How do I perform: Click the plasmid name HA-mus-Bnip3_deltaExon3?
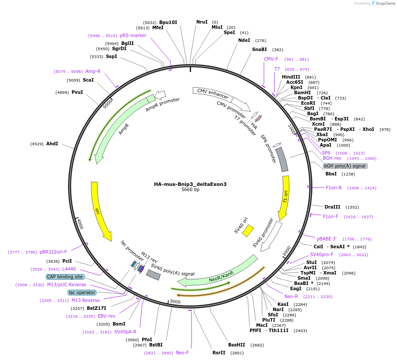(x=190, y=184)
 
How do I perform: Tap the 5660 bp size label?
(x=190, y=190)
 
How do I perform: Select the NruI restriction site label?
(x=202, y=22)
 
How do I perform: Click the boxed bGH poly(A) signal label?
(x=345, y=166)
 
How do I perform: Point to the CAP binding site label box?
(x=65, y=277)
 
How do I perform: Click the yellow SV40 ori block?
(x=248, y=230)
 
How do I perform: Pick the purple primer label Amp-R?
(x=93, y=71)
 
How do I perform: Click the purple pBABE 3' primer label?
(x=327, y=239)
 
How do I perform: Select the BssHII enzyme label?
(x=237, y=345)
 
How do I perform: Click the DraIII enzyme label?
(x=332, y=207)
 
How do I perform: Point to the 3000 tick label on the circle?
(x=175, y=302)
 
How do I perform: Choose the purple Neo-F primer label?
(x=182, y=353)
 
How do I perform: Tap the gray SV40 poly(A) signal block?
(x=153, y=274)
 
